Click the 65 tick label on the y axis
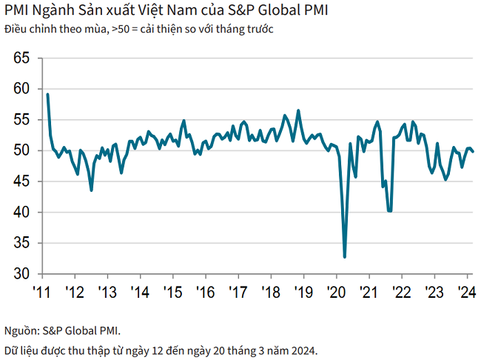[x=20, y=58]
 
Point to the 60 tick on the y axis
[x=20, y=89]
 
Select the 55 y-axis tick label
[x=20, y=120]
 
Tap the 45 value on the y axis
[x=20, y=181]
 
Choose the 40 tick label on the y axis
[x=20, y=213]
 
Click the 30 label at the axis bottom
[x=20, y=274]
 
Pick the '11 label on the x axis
[x=41, y=291]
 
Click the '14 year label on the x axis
[x=139, y=291]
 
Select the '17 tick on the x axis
[x=238, y=291]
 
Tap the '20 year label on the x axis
[x=336, y=291]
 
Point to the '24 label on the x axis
[x=466, y=291]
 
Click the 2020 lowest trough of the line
[x=345, y=257]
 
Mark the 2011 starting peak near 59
[x=47, y=95]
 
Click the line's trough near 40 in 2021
[x=389, y=211]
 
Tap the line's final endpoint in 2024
[x=474, y=152]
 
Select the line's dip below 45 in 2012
[x=91, y=190]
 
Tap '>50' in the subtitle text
[x=119, y=29]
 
